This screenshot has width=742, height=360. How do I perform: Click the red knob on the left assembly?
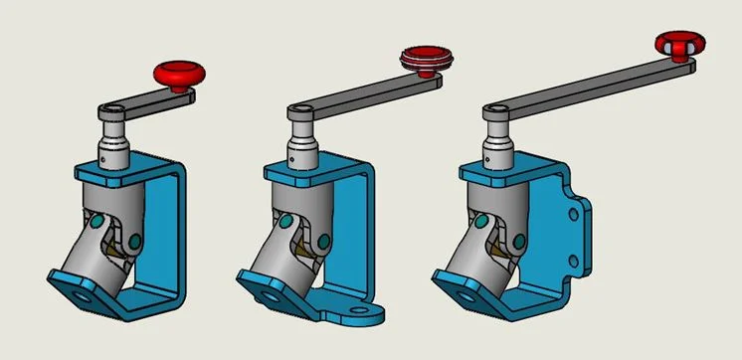(x=179, y=73)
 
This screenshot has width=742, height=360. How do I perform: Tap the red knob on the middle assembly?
(x=426, y=58)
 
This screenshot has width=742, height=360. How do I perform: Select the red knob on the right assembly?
(x=679, y=44)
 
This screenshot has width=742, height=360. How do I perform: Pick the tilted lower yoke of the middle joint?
(x=278, y=264)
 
